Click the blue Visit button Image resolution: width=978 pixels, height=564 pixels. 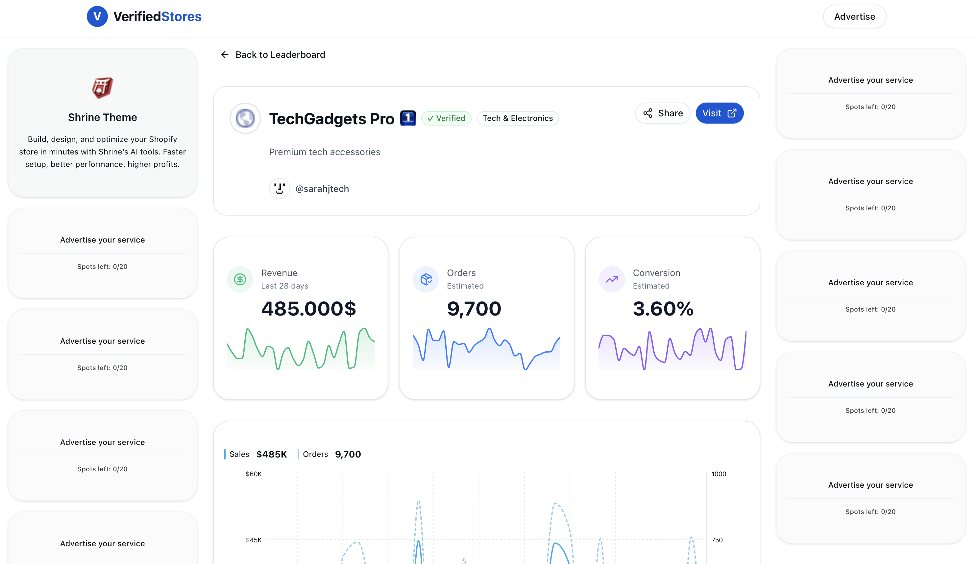(719, 113)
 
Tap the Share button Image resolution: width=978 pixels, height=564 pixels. (663, 113)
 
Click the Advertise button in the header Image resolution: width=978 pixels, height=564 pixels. (854, 17)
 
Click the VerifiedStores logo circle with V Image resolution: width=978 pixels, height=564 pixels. (97, 16)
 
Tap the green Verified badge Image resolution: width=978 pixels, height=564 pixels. (446, 118)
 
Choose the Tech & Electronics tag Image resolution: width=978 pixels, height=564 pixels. (517, 118)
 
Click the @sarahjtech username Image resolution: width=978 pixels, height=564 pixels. (322, 189)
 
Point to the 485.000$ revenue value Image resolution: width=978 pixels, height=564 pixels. (308, 309)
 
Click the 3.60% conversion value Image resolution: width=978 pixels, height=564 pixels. (663, 309)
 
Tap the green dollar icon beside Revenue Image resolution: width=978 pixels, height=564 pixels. (240, 279)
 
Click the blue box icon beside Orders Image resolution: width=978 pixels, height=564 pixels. (426, 279)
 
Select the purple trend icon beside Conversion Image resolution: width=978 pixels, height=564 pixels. (611, 279)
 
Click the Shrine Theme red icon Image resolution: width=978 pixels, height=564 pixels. (102, 87)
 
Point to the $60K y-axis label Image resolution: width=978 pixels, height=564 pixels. (254, 474)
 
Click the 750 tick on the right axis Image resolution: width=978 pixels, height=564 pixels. (717, 540)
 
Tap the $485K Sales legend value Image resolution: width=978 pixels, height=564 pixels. (271, 454)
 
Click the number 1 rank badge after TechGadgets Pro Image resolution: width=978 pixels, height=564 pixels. (408, 118)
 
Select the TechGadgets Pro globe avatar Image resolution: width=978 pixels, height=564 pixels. (245, 118)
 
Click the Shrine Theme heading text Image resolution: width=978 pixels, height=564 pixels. (102, 117)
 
